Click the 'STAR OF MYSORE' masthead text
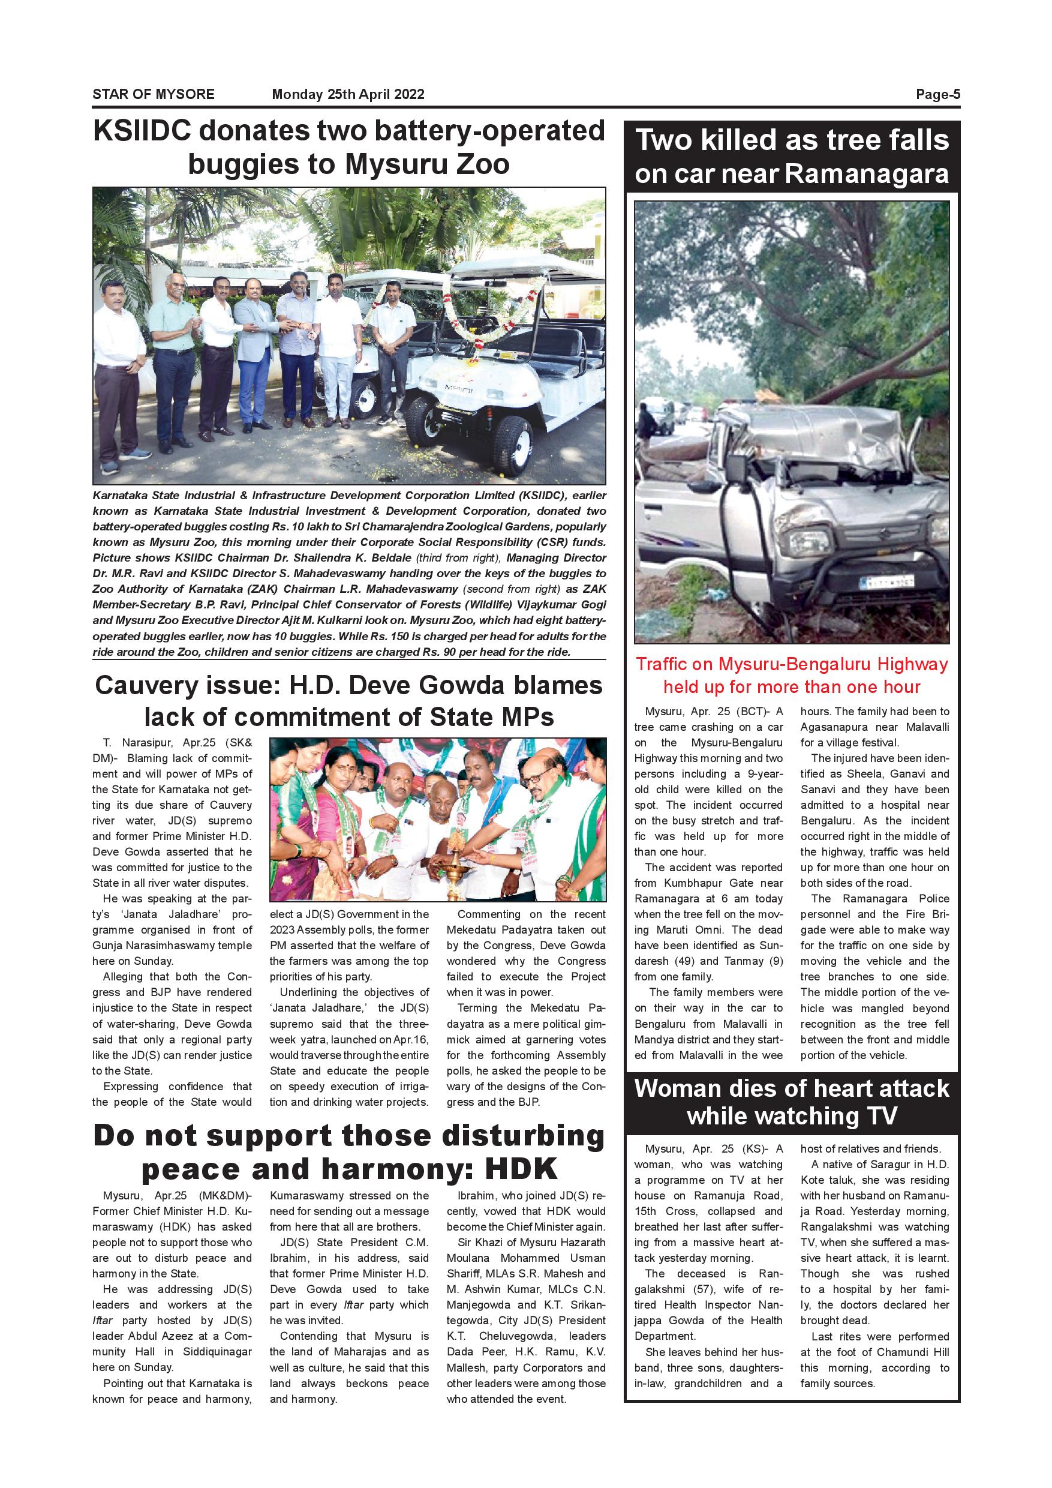(153, 94)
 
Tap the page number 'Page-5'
(937, 94)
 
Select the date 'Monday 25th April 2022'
(348, 94)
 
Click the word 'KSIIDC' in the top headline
(142, 131)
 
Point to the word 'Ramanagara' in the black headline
(867, 173)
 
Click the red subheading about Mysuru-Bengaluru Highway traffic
(791, 676)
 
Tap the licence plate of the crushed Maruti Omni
(886, 581)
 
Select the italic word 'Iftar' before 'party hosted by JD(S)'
(103, 1321)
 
